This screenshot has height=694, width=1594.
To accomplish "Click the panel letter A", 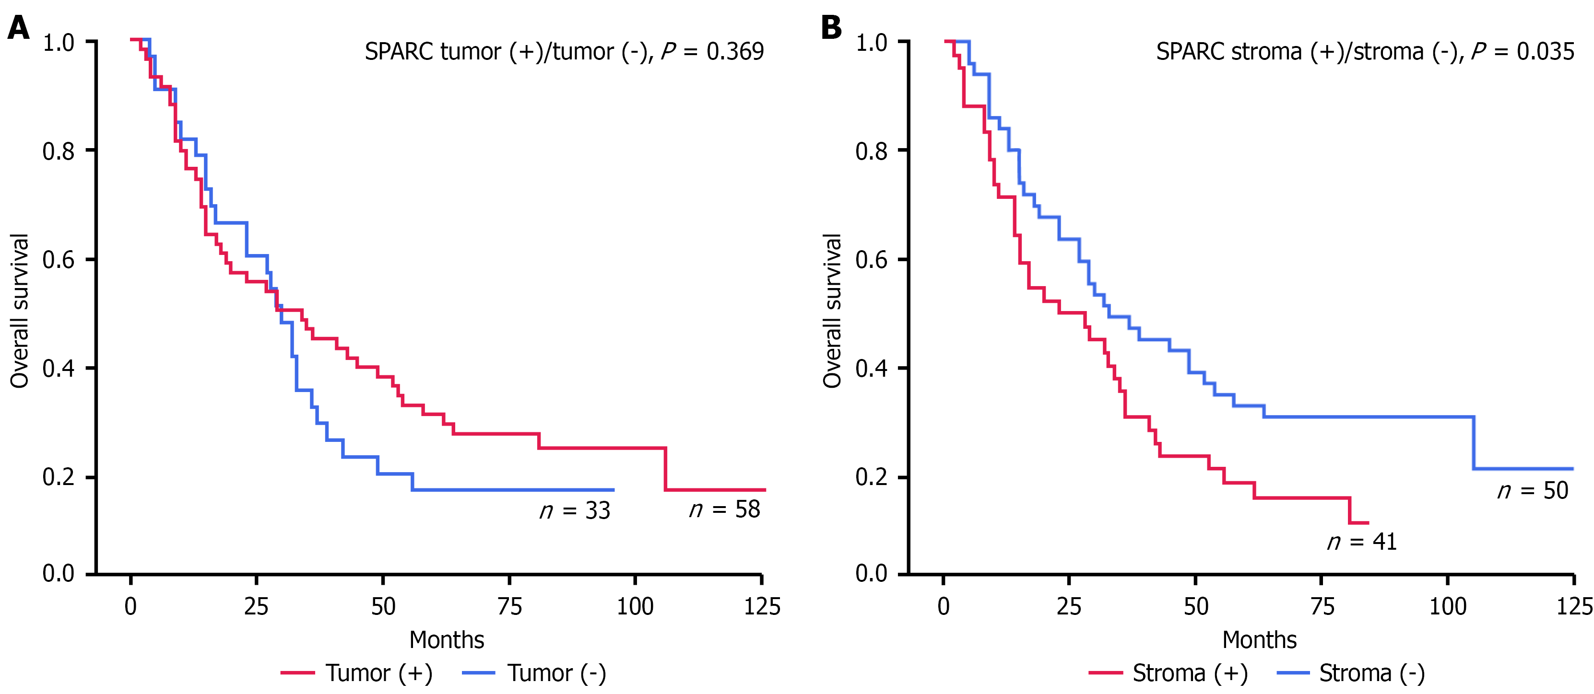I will pyautogui.click(x=19, y=28).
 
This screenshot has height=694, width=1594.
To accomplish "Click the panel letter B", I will pyautogui.click(x=831, y=28).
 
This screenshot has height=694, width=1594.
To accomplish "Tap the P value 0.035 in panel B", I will pyautogui.click(x=1545, y=51).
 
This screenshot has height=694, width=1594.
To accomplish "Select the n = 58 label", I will pyautogui.click(x=725, y=509).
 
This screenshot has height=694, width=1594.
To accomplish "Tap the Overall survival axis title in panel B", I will pyautogui.click(x=832, y=311).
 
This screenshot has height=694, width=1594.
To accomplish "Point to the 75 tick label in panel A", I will pyautogui.click(x=509, y=607).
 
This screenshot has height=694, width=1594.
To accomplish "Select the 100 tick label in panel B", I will pyautogui.click(x=1447, y=607).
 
